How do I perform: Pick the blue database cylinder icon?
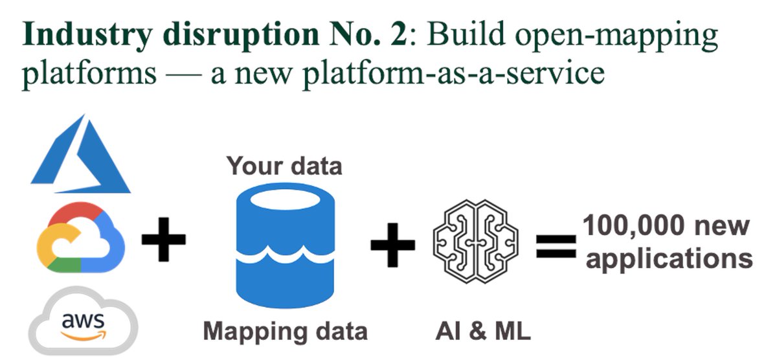(x=285, y=246)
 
